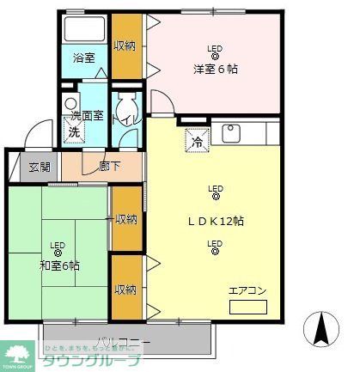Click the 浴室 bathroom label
click(83, 58)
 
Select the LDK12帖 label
click(216, 222)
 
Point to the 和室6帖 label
click(58, 265)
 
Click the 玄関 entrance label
click(39, 167)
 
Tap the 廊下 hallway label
click(108, 167)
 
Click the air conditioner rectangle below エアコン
click(247, 307)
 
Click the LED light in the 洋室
click(214, 53)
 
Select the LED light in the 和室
click(58, 250)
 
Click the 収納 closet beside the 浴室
click(125, 45)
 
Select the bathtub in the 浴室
click(84, 31)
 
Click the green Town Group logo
click(17, 354)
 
